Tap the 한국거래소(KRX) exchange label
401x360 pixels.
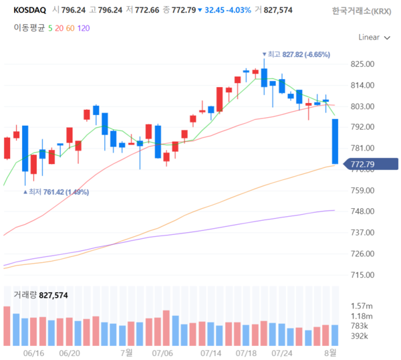point(362,11)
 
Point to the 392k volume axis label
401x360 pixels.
point(361,336)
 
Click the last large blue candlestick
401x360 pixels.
point(334,141)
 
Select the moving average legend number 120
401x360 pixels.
point(84,28)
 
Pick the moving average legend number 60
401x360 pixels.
point(70,28)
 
